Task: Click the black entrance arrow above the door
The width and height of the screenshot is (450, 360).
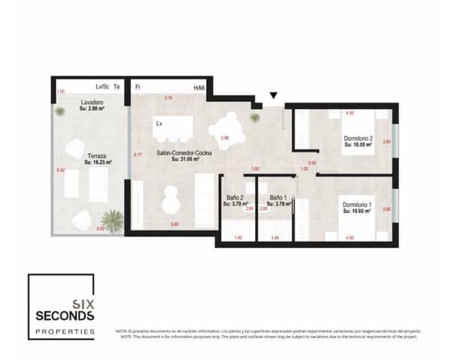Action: [x=274, y=95]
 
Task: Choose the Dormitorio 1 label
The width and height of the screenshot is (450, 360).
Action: [x=357, y=205]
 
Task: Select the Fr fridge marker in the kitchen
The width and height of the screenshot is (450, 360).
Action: [x=138, y=88]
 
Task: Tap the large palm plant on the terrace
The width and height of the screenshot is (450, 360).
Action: [x=112, y=220]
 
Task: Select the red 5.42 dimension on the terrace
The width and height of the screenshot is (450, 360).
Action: [x=60, y=170]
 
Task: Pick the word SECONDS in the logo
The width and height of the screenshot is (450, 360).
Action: [x=64, y=316]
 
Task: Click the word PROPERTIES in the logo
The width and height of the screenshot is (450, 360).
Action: [x=64, y=331]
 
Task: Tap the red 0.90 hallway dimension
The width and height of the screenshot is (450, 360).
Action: [x=313, y=162]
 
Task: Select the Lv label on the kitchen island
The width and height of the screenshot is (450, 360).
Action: [x=159, y=123]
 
